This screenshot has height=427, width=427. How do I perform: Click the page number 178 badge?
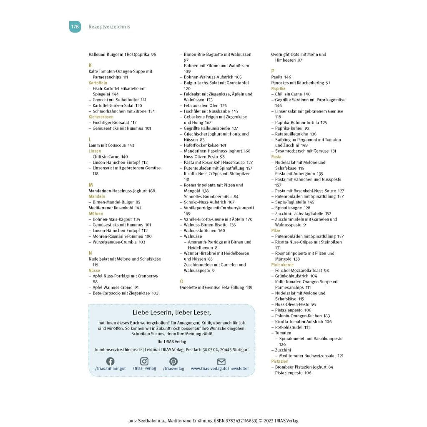(x=75, y=27)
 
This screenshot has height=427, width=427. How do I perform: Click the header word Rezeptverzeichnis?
(x=109, y=27)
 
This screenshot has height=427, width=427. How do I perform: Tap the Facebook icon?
(x=110, y=362)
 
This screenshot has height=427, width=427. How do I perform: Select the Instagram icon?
(x=144, y=362)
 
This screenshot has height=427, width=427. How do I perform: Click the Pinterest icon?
(x=173, y=362)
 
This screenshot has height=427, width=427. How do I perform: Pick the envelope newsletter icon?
(x=221, y=362)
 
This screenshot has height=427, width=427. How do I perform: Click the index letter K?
(x=90, y=65)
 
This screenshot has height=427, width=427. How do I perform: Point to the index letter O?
(x=181, y=281)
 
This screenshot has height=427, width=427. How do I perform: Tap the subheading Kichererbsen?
(x=101, y=117)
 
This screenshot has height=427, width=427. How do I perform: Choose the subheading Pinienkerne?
(x=282, y=265)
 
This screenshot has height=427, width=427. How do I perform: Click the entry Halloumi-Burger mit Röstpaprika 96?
(x=122, y=55)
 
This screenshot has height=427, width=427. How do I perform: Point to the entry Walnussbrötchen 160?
(x=204, y=231)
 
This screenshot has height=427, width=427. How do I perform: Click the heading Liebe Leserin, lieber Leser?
(x=172, y=312)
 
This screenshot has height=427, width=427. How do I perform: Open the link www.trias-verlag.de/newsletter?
(x=220, y=369)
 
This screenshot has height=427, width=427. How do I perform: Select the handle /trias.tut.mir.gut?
(x=110, y=369)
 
